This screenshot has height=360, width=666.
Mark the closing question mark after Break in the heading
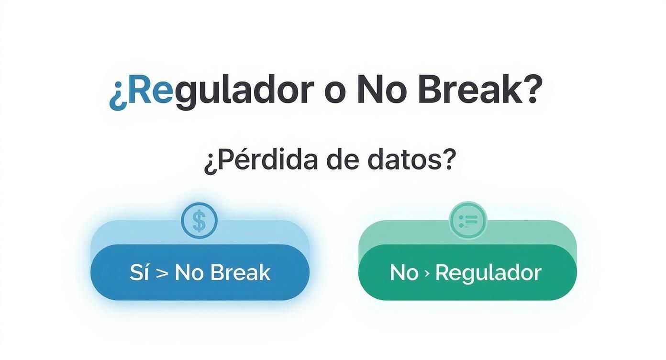[532, 90]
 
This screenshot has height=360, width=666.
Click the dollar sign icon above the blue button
[199, 221]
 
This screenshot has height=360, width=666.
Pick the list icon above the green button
[467, 221]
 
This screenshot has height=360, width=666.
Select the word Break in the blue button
[240, 272]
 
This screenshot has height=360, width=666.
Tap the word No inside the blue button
[189, 272]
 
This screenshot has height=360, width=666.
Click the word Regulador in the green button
[488, 273]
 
